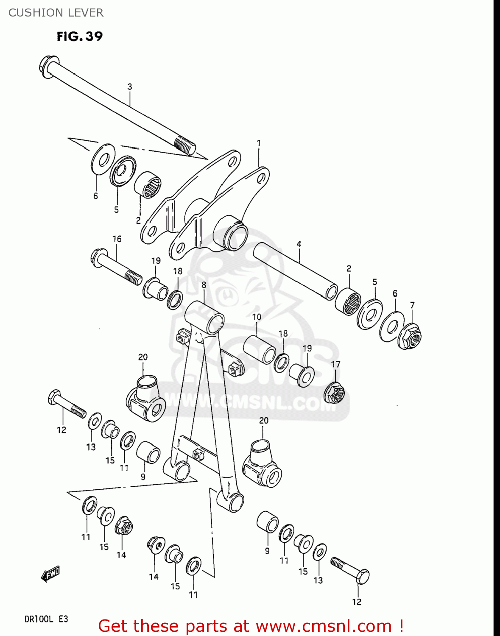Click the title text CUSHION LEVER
coord(56,13)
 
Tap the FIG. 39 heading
coord(80,36)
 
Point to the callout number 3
coord(130,86)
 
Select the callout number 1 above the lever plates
coord(259,143)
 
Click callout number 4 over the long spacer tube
coord(299,244)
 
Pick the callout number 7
coord(412,305)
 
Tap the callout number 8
coord(204,285)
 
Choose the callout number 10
coord(257,317)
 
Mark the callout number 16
coord(117,239)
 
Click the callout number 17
coord(335,364)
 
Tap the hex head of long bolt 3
coord(45,65)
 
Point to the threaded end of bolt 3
coord(185,145)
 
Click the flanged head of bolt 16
coord(97,257)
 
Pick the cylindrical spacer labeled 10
coord(260,349)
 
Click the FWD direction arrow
coord(50,574)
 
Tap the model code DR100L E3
coord(46,619)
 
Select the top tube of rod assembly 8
coord(204,317)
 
